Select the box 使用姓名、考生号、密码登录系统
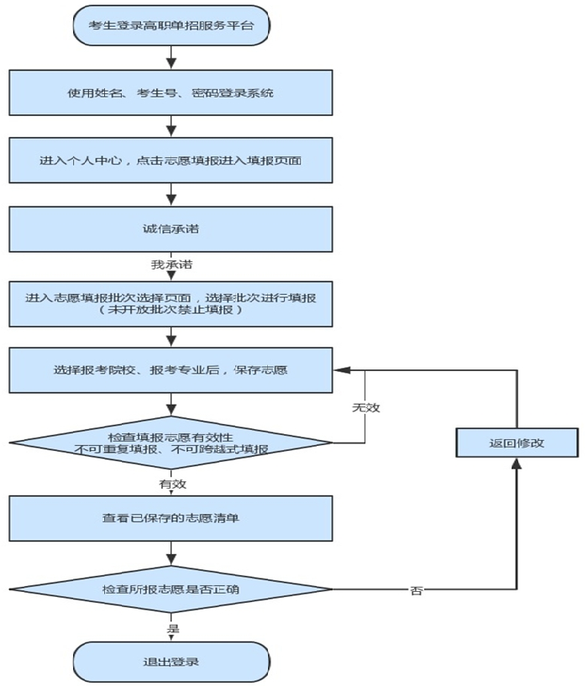(171, 92)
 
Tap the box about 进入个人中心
(171, 160)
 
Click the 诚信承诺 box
(171, 228)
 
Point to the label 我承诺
(171, 264)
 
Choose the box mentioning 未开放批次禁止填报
(171, 304)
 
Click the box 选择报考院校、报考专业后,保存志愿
(171, 369)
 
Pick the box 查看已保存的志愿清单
(171, 518)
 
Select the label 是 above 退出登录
(172, 626)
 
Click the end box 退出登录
(171, 662)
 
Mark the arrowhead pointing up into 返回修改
(517, 464)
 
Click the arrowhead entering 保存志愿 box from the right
(340, 369)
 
